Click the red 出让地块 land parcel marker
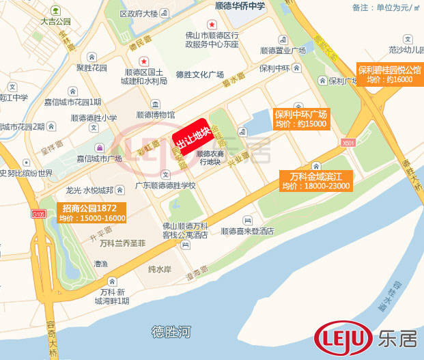(192, 136)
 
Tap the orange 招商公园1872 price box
(92, 212)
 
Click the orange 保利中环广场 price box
(300, 119)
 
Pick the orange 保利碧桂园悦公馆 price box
(389, 74)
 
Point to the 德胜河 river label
(171, 333)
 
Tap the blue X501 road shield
(349, 143)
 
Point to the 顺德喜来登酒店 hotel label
(247, 231)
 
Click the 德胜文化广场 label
(199, 74)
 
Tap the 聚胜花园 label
(92, 68)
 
